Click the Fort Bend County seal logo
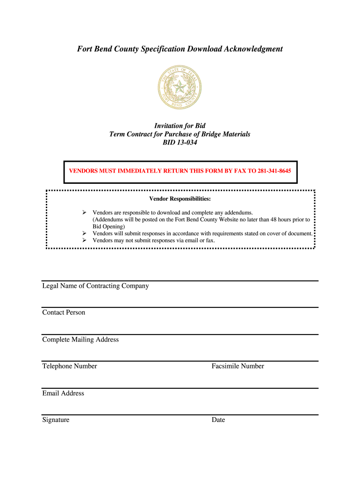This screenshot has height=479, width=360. (180, 87)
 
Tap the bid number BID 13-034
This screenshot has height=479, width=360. (180, 143)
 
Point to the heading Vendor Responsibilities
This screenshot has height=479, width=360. (180, 199)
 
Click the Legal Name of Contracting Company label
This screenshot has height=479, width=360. (95, 286)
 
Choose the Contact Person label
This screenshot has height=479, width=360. (64, 312)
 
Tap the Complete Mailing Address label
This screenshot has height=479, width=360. (80, 340)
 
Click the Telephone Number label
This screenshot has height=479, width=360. (70, 366)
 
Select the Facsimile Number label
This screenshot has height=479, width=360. (238, 366)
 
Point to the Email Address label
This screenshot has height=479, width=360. (63, 393)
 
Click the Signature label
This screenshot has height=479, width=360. (56, 420)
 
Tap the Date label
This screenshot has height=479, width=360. (218, 420)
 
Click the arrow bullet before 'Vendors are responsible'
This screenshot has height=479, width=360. (85, 213)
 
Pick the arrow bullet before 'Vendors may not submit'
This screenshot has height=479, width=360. (85, 240)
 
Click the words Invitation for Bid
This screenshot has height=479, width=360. (180, 125)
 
